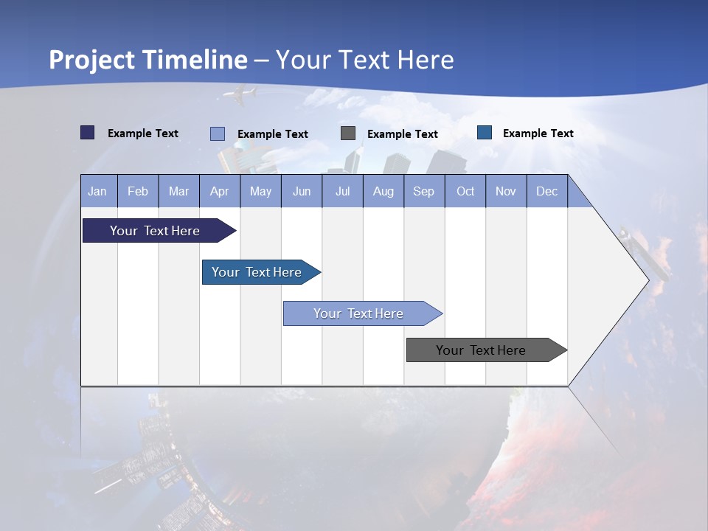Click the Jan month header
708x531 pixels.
97,191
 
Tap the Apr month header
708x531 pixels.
219,191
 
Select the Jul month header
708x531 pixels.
342,191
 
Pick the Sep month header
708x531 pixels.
423,191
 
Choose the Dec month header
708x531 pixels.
546,191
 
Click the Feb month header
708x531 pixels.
138,191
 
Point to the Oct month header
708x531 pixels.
465,191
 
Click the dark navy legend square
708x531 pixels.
88,133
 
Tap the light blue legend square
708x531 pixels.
218,133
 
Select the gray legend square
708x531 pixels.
348,133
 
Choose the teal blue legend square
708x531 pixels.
485,133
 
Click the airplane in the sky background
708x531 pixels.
240,94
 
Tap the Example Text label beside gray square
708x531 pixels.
402,133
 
